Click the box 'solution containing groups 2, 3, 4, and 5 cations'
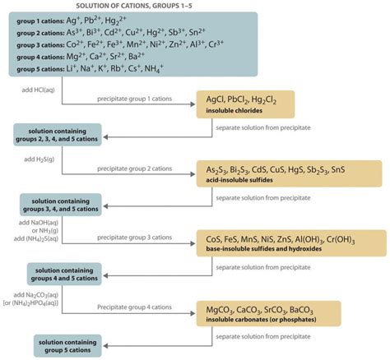point(57,135)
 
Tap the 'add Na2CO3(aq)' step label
point(35,294)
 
